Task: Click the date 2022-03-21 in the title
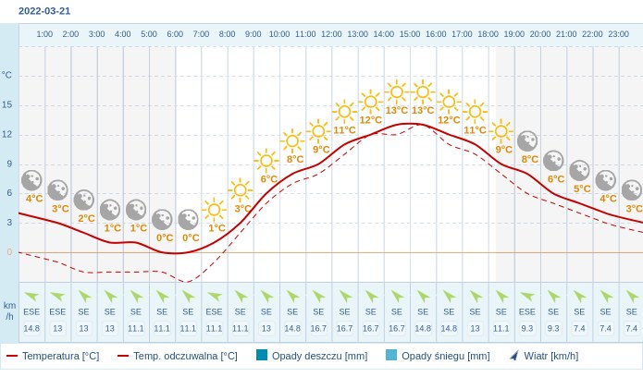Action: (43, 11)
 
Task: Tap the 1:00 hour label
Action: (44, 34)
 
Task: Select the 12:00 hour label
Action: (331, 34)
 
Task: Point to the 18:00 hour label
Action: (488, 34)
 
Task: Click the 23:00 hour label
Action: (618, 34)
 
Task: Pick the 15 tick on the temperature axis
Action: (7, 104)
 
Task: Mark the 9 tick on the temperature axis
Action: (8, 164)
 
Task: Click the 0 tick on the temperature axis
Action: (9, 251)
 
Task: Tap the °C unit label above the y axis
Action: (7, 75)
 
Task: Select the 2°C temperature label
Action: (86, 218)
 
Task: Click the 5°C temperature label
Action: (582, 188)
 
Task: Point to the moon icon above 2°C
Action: (84, 200)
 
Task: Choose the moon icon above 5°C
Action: (580, 170)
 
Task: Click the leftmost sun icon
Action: (214, 209)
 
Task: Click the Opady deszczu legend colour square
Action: (262, 355)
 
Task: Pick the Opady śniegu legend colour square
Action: (391, 355)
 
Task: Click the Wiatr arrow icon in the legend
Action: (514, 355)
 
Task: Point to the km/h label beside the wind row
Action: (9, 310)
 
